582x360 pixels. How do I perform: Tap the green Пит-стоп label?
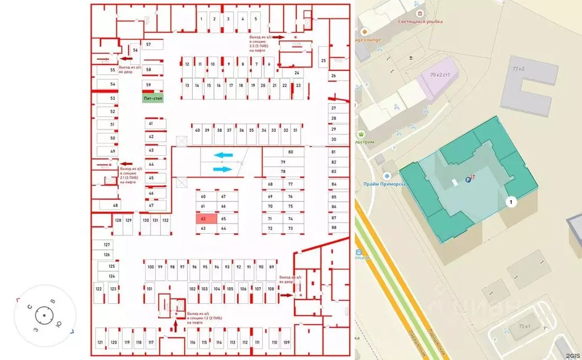tap(152, 98)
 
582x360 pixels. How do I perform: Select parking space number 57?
tap(148, 44)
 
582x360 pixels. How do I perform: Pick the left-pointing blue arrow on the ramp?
tap(223, 155)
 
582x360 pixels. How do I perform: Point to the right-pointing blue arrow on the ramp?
tap(223, 168)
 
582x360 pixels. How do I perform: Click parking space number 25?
tap(323, 60)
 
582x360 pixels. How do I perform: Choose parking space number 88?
tap(334, 227)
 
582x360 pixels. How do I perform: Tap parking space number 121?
tap(100, 342)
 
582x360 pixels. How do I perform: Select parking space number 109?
tap(286, 342)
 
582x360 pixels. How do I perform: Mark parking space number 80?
tap(290, 152)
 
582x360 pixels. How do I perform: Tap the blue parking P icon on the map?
tap(468, 180)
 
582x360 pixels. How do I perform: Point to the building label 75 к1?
tap(524, 326)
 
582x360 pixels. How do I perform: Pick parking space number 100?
tap(151, 267)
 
